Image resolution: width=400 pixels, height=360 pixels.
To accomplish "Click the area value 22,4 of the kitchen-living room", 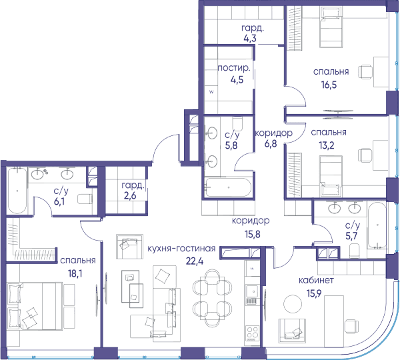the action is [x=195, y=261].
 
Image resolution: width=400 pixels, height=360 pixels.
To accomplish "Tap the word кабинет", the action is [x=316, y=281].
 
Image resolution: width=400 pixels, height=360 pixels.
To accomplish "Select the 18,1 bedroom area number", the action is [x=75, y=274].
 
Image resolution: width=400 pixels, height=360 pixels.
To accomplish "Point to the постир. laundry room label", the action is [x=234, y=68].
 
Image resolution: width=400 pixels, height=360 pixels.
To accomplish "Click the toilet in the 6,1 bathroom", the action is [x=85, y=199].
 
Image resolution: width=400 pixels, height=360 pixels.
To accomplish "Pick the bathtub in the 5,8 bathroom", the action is [x=228, y=187].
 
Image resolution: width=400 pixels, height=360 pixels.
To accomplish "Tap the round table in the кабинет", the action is [x=293, y=304].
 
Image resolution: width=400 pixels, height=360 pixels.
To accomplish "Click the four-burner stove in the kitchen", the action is [x=253, y=333].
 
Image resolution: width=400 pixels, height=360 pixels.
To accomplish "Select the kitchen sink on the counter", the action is [x=253, y=291].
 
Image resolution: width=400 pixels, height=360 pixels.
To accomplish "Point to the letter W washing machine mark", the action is [x=211, y=92].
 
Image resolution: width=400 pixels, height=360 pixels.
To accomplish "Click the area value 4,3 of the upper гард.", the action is [x=250, y=39].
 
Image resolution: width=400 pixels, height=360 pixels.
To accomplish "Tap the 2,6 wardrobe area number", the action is [x=130, y=196].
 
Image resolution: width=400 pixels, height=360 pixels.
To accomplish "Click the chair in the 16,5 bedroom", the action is [x=365, y=72].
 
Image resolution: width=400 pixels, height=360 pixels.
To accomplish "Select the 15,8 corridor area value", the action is [x=253, y=234].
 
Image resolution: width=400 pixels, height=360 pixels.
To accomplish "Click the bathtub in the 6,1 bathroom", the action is [x=17, y=190].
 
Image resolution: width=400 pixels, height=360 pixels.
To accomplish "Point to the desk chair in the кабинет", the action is [x=351, y=327].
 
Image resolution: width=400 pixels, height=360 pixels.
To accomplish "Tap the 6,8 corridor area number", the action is [x=271, y=144].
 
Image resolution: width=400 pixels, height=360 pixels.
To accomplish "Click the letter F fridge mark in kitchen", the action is [x=252, y=269].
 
